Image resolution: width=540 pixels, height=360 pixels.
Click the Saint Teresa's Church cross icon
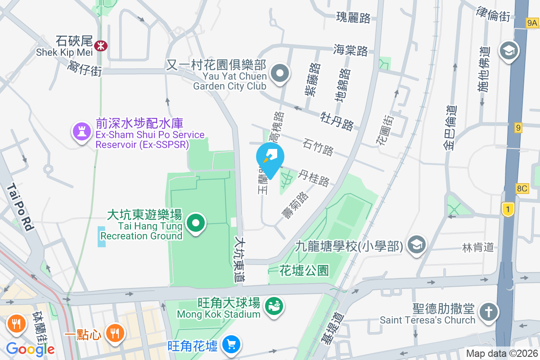[x=487, y=312]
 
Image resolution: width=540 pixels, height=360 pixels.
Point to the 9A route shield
[x=532, y=22]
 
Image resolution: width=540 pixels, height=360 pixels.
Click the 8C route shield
[x=522, y=189]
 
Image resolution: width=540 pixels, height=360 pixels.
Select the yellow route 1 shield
[x=508, y=209]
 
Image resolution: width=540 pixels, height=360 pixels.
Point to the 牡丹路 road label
[x=337, y=121]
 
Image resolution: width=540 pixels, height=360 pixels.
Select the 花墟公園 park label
[x=304, y=270]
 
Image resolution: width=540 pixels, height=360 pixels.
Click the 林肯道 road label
[x=478, y=247]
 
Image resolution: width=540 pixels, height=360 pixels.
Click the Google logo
[x=30, y=349]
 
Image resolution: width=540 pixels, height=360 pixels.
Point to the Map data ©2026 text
[x=501, y=354]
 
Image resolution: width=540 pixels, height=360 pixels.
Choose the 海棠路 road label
[x=351, y=50]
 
